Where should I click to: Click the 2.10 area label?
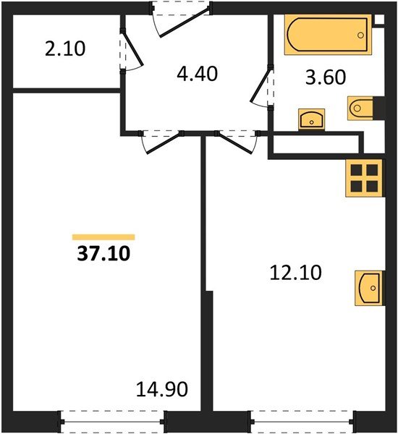click(65, 49)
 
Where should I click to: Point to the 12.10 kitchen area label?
click(294, 273)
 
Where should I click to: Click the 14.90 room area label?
click(162, 390)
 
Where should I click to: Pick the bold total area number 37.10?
click(103, 254)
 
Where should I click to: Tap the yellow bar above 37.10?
click(103, 237)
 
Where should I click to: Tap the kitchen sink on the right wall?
click(368, 288)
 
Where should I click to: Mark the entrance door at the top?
click(181, 16)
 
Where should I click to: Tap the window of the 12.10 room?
click(302, 420)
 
